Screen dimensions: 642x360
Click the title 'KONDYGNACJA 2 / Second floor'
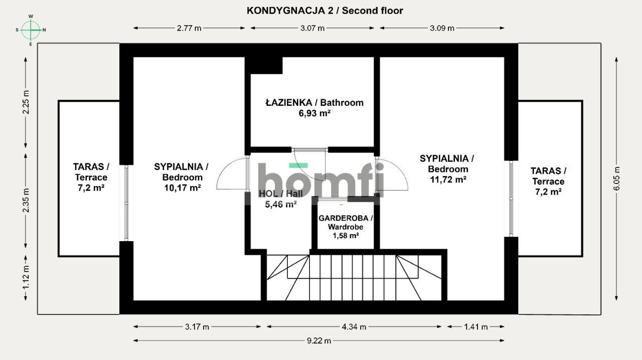pyautogui.click(x=325, y=11)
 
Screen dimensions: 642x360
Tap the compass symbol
pyautogui.click(x=31, y=30)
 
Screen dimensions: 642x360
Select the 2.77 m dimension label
pyautogui.click(x=189, y=28)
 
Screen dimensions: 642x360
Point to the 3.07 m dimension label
pyautogui.click(x=312, y=28)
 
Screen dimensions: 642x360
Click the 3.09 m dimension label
pyautogui.click(x=442, y=28)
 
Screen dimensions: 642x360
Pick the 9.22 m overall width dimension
pyautogui.click(x=319, y=341)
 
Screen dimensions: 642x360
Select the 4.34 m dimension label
pyautogui.click(x=354, y=327)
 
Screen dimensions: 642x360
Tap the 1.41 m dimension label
pyautogui.click(x=476, y=327)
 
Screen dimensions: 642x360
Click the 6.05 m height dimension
pyautogui.click(x=617, y=178)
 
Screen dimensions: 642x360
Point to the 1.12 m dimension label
pyautogui.click(x=26, y=277)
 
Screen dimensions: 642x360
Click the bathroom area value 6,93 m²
pyautogui.click(x=314, y=113)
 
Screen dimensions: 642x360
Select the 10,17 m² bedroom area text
pyautogui.click(x=182, y=188)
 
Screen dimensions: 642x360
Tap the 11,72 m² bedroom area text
pyautogui.click(x=448, y=179)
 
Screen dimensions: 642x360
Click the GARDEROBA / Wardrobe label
pyautogui.click(x=346, y=223)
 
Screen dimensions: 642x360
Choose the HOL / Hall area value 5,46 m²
pyautogui.click(x=280, y=205)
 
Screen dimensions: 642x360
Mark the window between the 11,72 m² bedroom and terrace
pyautogui.click(x=511, y=199)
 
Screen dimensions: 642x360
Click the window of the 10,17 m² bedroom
pyautogui.click(x=126, y=203)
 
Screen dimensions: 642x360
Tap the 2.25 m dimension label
pyautogui.click(x=26, y=102)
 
